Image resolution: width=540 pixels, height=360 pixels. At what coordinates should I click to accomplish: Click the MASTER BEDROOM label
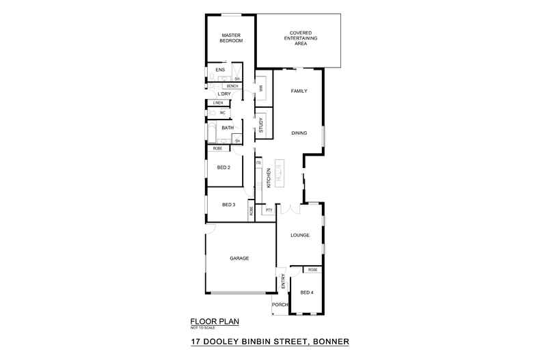[231, 38]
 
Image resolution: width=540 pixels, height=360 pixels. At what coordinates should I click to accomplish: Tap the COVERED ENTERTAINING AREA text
[301, 38]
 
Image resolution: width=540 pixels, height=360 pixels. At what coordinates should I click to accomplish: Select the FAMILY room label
[299, 91]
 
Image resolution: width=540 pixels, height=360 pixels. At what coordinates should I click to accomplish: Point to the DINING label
[299, 133]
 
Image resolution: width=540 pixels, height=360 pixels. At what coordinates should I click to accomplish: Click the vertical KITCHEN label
[269, 178]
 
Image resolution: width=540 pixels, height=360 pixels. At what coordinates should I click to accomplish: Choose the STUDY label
[260, 125]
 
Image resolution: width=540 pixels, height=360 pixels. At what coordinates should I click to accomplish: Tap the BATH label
[228, 127]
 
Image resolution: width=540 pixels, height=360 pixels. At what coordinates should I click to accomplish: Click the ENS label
[220, 70]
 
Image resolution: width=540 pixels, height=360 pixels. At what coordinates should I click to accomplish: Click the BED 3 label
[228, 205]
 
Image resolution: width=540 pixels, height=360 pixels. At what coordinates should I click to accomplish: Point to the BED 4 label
[307, 293]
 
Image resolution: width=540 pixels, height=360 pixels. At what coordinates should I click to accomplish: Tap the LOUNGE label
[299, 235]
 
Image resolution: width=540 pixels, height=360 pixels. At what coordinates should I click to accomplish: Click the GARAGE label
[239, 258]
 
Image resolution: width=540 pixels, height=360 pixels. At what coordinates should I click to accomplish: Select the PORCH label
[280, 305]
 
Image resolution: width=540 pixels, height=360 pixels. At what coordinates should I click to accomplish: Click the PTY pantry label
[269, 210]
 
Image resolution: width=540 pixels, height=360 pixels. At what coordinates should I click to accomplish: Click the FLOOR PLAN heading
[214, 320]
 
